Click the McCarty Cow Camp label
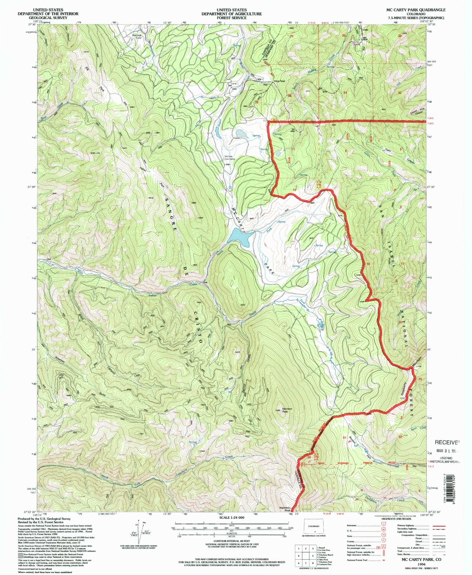(x=229, y=157)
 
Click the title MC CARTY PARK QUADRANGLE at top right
(x=416, y=10)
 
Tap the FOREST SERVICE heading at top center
(x=232, y=18)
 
